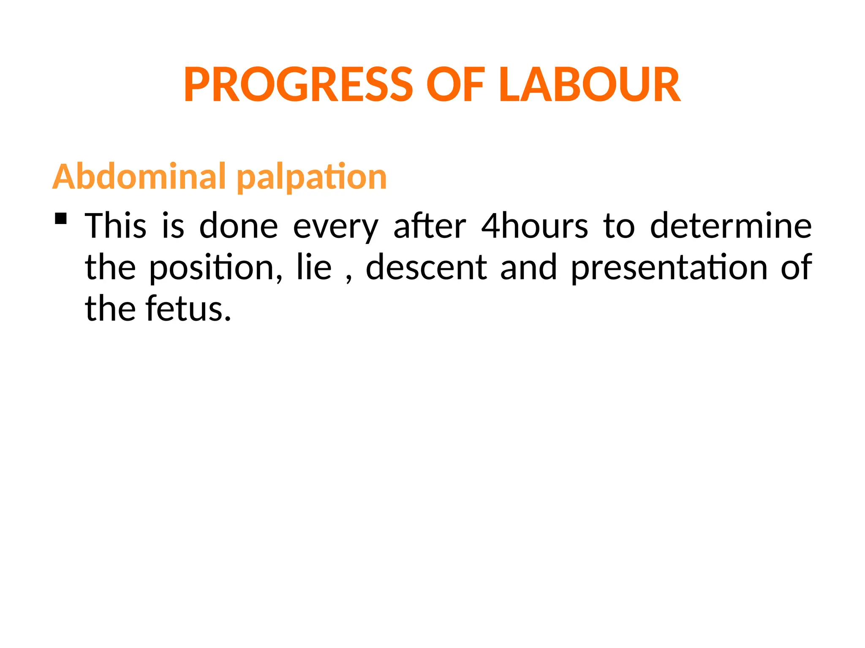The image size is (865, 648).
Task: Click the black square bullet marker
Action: (x=61, y=218)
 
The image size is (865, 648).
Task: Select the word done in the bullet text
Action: (x=239, y=226)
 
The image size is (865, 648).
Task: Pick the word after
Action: (x=430, y=226)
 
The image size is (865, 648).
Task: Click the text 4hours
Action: (x=535, y=226)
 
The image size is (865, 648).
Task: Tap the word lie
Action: (x=314, y=267)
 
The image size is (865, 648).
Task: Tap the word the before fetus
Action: (x=110, y=309)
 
